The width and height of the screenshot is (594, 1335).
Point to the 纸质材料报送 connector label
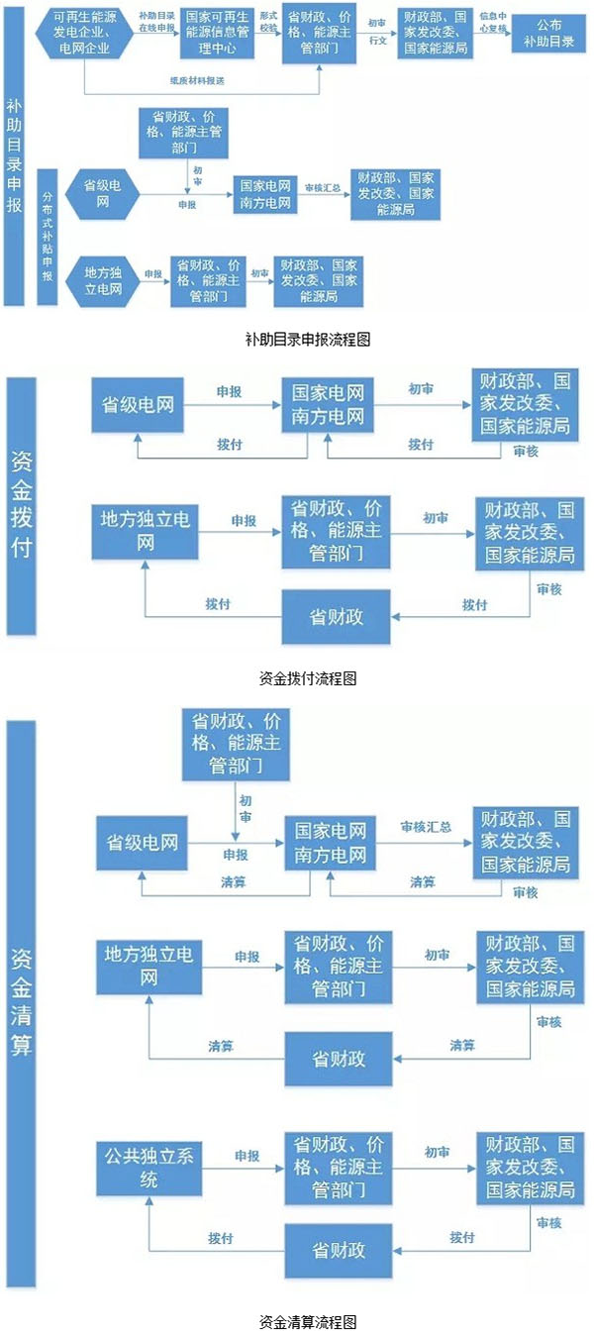pos(193,78)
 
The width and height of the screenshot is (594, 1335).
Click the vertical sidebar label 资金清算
pos(21,1001)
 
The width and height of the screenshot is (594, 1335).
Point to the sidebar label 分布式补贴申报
pos(48,238)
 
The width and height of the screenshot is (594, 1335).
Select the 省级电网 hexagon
pos(103,193)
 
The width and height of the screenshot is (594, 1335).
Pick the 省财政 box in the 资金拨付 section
pos(336,616)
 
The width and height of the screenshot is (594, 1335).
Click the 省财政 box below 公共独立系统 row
pos(338,1251)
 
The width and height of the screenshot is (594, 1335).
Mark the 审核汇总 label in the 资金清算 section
pos(426,826)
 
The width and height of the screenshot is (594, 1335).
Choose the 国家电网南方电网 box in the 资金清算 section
pos(329,842)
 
